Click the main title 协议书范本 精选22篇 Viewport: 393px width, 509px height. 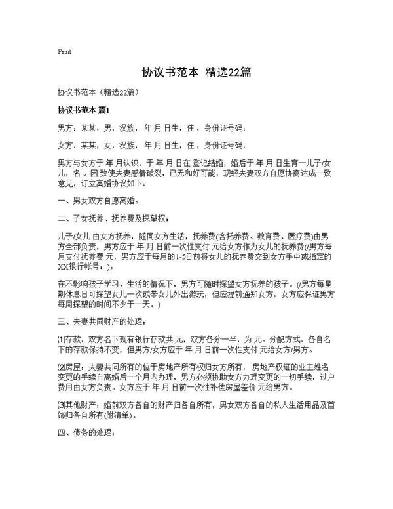[x=196, y=71]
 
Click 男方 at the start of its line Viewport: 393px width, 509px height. [x=65, y=127]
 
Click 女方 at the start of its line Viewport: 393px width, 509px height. [x=65, y=144]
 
